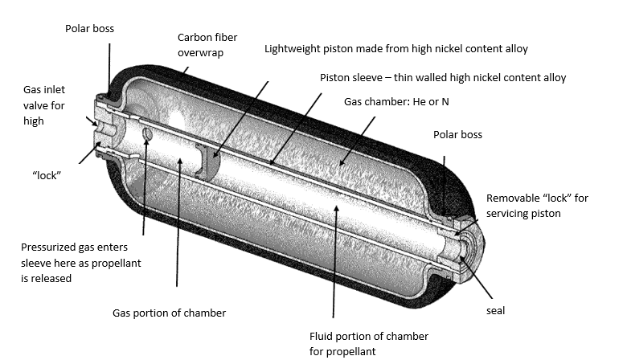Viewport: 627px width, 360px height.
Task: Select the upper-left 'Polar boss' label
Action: pos(89,29)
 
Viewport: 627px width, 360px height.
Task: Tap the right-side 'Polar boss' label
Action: pos(457,135)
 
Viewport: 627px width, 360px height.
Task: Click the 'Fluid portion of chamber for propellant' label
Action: pos(368,343)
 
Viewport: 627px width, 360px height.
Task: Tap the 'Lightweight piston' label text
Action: pos(396,50)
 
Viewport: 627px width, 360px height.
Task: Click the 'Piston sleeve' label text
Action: pos(443,78)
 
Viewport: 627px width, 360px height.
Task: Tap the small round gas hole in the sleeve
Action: pos(146,133)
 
